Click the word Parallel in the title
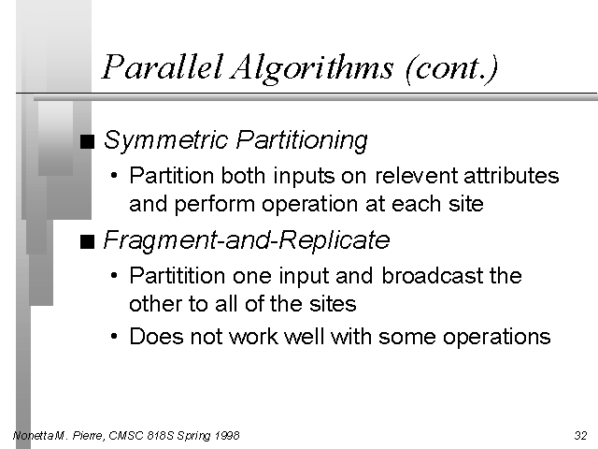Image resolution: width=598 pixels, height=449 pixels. pos(163,66)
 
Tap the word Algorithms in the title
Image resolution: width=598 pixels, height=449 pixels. pos(311,69)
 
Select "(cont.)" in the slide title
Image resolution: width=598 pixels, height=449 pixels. pos(452,68)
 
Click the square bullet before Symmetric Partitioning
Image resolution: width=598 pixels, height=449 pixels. pos(87,141)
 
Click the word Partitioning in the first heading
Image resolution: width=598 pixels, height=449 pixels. pos(302,140)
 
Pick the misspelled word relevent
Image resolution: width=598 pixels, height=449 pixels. pos(417,176)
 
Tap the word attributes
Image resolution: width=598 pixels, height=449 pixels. pos(511,176)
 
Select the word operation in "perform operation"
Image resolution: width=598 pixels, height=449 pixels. pos(310,205)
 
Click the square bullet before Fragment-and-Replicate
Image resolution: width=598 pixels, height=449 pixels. pos(87,241)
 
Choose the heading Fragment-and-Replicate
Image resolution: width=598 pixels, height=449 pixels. pos(247,240)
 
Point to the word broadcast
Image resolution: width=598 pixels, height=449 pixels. pos(432,276)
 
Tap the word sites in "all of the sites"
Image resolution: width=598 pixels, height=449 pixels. pos(333,304)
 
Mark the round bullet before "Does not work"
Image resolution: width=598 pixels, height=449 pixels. pos(114,337)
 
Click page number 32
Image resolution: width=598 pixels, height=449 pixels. pos(581,435)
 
